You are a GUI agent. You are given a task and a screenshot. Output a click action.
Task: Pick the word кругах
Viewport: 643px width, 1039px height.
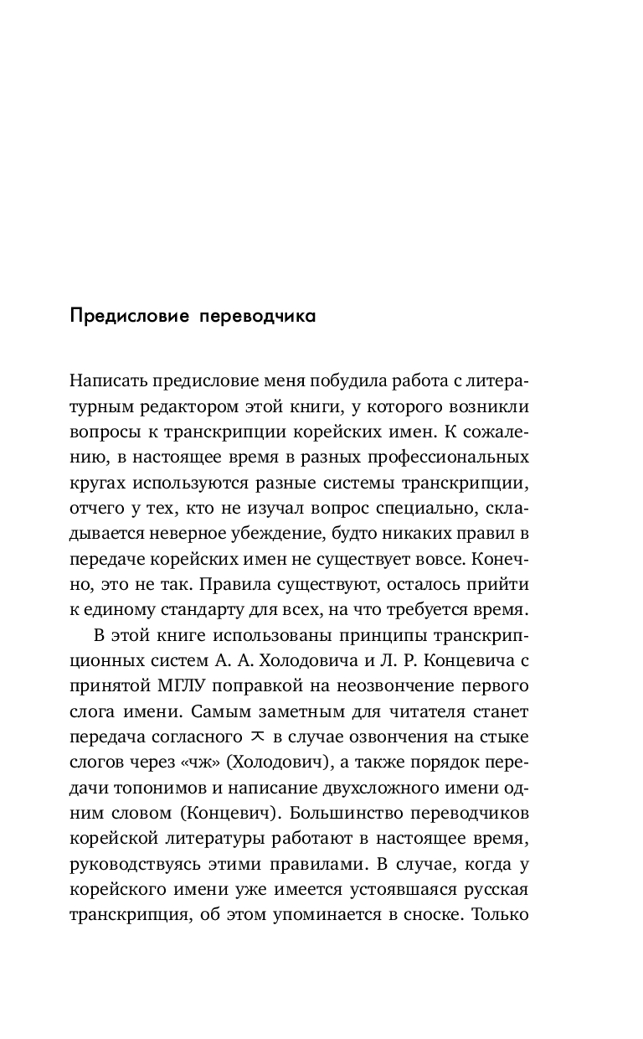97,483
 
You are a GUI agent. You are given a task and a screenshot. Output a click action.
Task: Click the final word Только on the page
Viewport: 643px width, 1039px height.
500,912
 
